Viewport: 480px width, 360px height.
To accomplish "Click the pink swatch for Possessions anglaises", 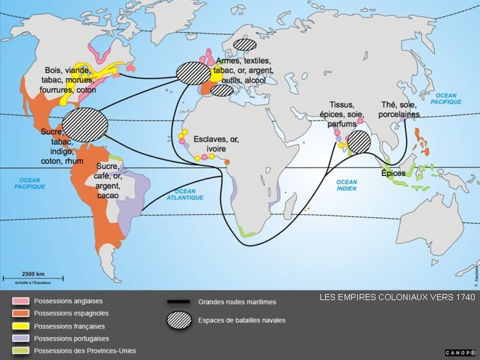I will (22, 301).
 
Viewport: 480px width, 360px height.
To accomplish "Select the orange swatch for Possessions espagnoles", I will (22, 313).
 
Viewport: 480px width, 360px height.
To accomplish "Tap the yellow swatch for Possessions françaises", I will (22, 326).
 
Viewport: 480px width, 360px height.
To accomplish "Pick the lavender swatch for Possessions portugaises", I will (22, 338).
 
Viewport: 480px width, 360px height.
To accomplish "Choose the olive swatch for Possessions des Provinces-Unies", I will (22, 351).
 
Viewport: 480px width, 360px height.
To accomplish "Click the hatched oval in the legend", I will (179, 320).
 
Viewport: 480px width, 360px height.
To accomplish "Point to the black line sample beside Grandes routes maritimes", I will (179, 301).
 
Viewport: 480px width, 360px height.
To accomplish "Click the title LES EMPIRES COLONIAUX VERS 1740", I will (397, 298).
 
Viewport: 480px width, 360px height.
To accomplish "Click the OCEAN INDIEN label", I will (347, 185).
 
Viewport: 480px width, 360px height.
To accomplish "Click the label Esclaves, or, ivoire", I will (216, 144).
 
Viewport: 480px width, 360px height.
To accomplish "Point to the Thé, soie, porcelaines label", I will (399, 110).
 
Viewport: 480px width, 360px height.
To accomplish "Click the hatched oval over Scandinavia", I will (245, 44).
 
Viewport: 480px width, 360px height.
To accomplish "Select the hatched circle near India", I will (359, 142).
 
